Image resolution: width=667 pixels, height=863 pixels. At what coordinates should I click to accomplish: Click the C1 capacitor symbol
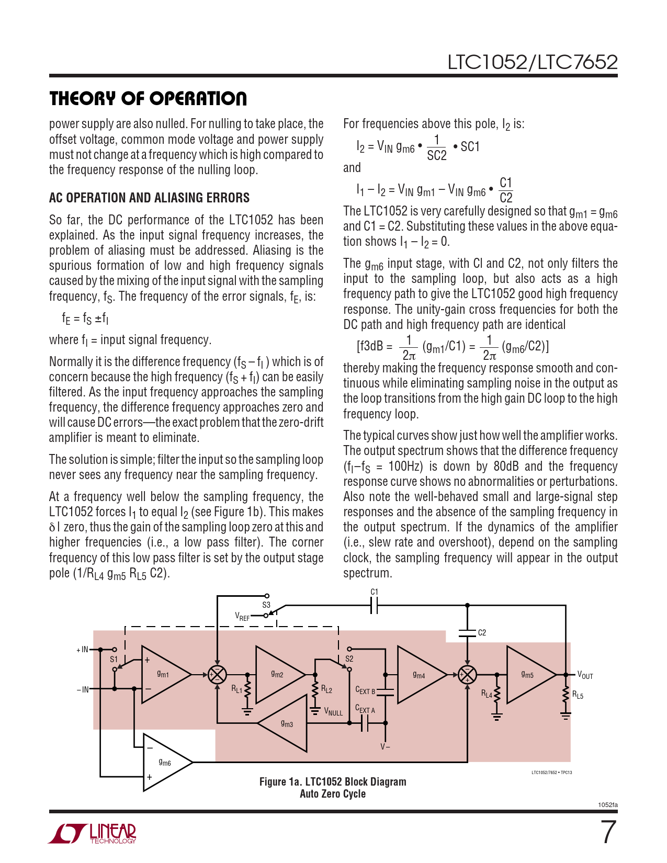(374, 606)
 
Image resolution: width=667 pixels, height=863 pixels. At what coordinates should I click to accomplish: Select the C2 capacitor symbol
(467, 633)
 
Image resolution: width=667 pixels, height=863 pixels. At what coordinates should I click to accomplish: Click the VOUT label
(585, 675)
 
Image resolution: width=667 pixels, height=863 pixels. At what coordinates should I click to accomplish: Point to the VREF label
(242, 617)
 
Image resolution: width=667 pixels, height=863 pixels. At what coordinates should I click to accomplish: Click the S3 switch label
(266, 605)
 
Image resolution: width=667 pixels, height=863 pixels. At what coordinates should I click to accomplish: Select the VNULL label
(333, 712)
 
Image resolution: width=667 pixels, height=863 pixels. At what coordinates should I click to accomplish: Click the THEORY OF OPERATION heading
(148, 98)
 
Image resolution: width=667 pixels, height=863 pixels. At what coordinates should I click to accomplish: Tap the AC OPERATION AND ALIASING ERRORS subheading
(149, 198)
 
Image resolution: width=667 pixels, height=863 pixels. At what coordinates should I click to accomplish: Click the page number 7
(608, 832)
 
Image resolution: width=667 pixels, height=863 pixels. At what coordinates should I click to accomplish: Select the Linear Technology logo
(93, 833)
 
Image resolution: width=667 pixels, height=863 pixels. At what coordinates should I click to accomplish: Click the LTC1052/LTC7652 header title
(532, 62)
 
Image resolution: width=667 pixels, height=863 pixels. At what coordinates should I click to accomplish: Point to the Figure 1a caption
(333, 788)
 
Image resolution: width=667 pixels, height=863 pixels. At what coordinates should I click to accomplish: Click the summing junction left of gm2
(217, 674)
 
